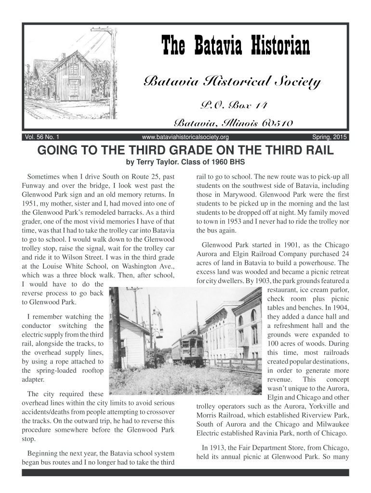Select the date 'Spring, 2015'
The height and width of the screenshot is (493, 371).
[329, 137]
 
